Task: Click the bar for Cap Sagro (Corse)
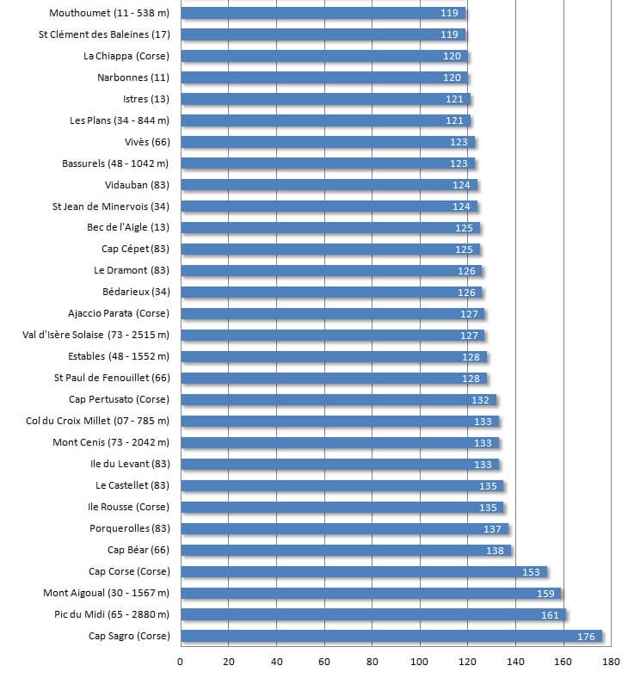pos(391,637)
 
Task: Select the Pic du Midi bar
pos(373,615)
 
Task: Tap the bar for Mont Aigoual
pos(371,594)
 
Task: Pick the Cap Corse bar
pos(364,572)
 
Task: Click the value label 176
pos(586,637)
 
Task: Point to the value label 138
pos(495,551)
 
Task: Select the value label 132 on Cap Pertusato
pos(480,400)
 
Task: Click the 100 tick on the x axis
pos(419,662)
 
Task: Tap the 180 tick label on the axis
pos(612,662)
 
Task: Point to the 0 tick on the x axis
pos(180,662)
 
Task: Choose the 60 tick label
pos(324,662)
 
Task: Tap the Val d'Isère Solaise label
pos(96,336)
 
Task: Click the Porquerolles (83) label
pos(130,529)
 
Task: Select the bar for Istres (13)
pos(325,100)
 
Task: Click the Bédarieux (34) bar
pos(331,293)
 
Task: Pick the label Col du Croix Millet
pos(98,422)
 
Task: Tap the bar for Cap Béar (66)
pos(346,551)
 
